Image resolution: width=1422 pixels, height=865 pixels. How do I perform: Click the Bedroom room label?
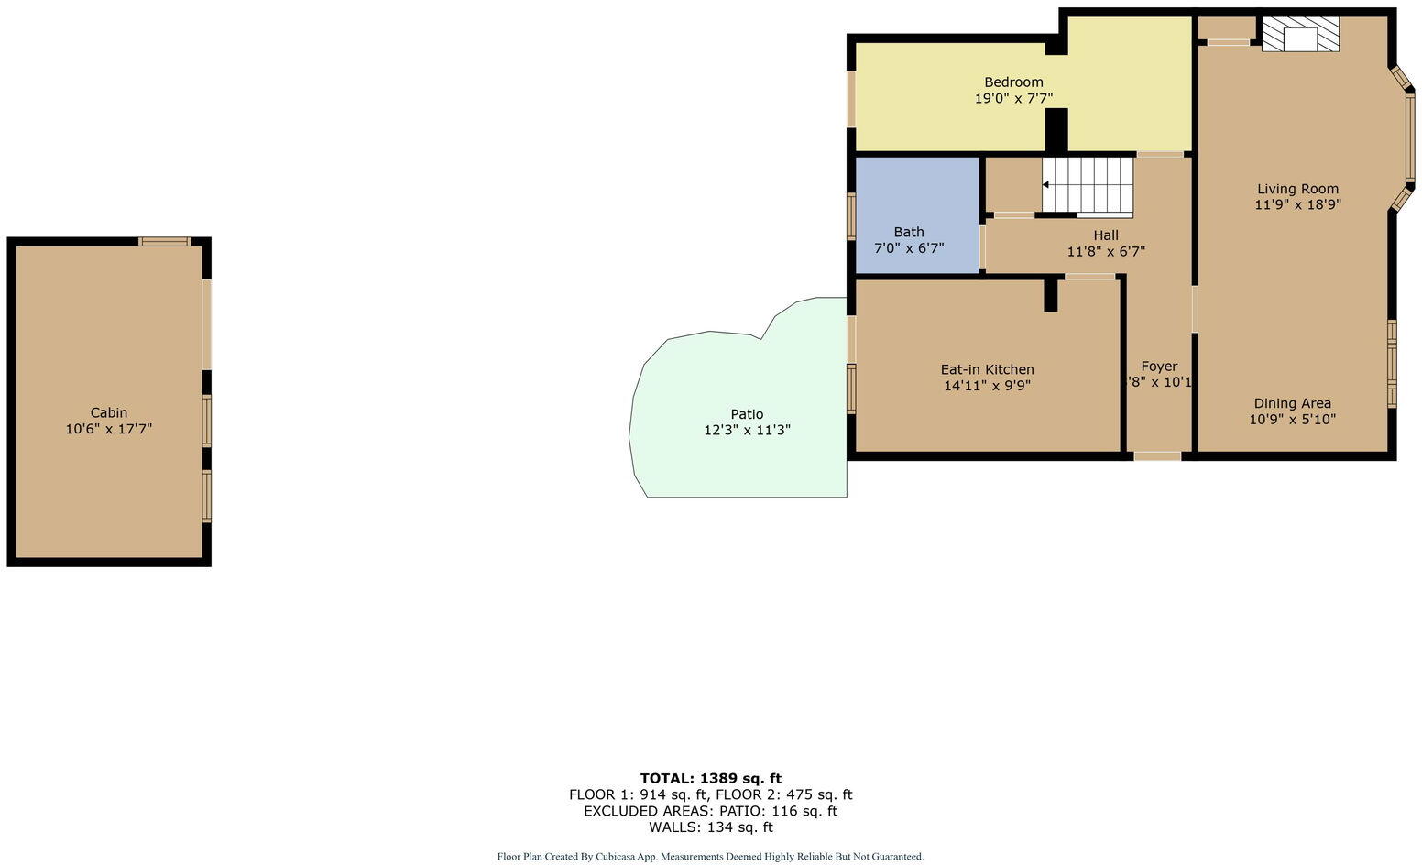click(1013, 82)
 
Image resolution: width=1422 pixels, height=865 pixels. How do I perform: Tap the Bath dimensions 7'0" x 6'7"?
click(909, 248)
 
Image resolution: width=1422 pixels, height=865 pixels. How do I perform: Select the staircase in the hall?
click(1088, 186)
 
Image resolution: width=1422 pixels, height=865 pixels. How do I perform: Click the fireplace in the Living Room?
click(1300, 35)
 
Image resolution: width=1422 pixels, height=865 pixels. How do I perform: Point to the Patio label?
click(747, 414)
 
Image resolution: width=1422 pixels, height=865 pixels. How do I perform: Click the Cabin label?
click(108, 412)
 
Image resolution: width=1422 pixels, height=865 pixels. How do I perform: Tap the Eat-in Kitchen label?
click(987, 369)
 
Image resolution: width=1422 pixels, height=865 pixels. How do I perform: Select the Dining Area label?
click(1292, 403)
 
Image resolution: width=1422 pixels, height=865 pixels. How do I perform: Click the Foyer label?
click(1159, 367)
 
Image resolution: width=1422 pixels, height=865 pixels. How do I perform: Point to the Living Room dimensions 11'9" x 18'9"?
click(1297, 205)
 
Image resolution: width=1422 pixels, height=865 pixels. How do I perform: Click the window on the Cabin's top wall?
click(165, 242)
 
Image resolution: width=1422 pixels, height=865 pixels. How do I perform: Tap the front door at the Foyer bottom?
click(1157, 455)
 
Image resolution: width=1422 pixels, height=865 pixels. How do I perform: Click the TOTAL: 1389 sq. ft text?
click(710, 779)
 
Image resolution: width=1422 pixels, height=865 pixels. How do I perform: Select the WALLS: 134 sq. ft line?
click(710, 827)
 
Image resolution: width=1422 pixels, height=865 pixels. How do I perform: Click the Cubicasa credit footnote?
click(710, 857)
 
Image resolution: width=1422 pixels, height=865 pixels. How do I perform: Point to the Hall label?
click(1106, 235)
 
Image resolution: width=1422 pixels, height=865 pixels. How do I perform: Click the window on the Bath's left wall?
click(851, 216)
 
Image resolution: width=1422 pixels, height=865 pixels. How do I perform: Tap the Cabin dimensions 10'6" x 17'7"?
click(108, 429)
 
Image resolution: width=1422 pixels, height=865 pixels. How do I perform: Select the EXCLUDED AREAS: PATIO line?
click(710, 811)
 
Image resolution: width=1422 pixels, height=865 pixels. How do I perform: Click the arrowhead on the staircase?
click(1046, 185)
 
